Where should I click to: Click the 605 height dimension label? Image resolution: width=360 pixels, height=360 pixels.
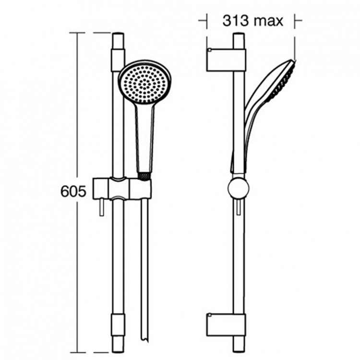point(73,192)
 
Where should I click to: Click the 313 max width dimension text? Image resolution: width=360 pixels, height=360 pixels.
point(252,21)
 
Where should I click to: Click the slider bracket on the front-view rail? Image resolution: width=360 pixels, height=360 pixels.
point(122,188)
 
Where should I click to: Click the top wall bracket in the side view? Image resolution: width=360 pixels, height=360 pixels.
point(226,60)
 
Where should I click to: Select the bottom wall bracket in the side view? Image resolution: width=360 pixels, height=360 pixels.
point(226,324)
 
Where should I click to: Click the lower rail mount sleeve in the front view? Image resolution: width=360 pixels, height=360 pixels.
point(118,324)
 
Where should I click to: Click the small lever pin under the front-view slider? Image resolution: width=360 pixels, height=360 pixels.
point(102,207)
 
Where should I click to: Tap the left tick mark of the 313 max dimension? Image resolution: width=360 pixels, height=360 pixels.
point(207,21)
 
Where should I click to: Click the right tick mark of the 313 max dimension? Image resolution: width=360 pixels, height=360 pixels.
point(295,21)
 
